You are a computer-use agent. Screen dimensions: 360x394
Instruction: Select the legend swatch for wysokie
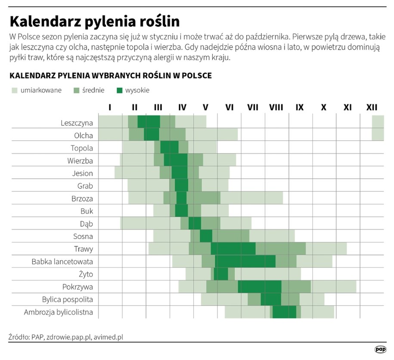(x=120, y=90)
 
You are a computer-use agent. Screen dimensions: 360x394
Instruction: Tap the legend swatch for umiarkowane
(x=15, y=90)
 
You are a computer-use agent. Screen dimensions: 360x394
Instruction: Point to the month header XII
(x=372, y=107)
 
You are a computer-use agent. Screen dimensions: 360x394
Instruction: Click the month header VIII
(x=276, y=107)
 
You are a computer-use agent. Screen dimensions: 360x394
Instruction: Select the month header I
(x=110, y=107)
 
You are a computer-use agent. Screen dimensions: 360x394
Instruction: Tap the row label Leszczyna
(x=77, y=123)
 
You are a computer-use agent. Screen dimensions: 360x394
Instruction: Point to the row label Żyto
(x=85, y=274)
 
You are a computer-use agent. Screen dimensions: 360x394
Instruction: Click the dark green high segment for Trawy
(x=233, y=249)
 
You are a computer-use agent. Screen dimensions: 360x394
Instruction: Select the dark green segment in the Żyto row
(x=221, y=274)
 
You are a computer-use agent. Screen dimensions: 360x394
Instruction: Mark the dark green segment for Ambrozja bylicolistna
(x=284, y=312)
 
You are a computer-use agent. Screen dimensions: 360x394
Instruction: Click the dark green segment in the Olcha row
(x=152, y=135)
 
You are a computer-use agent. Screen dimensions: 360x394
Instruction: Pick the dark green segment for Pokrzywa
(x=259, y=286)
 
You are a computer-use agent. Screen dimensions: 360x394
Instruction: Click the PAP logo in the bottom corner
(x=380, y=349)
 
